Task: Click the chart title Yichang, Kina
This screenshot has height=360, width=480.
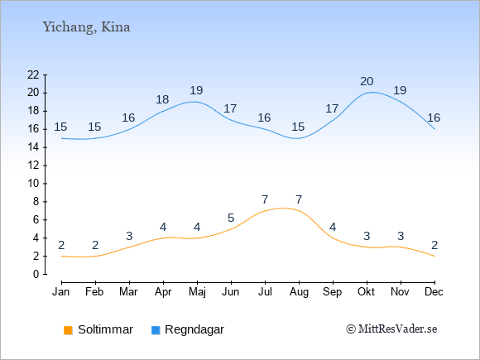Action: click(x=86, y=27)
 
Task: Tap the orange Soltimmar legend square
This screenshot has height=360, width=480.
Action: click(x=68, y=330)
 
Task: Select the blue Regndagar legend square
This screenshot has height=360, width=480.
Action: click(x=156, y=330)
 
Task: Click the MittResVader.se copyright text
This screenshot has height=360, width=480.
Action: click(x=391, y=329)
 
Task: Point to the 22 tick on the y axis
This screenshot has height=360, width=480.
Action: click(x=33, y=74)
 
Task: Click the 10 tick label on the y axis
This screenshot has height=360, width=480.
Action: click(x=33, y=184)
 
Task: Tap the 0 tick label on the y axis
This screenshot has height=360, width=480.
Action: click(x=36, y=274)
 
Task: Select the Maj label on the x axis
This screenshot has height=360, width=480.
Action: click(x=197, y=292)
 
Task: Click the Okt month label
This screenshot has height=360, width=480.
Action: click(x=366, y=292)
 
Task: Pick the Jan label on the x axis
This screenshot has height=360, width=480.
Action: click(x=61, y=292)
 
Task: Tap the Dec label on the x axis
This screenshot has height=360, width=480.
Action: click(x=434, y=292)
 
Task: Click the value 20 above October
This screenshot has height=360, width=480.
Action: click(x=367, y=81)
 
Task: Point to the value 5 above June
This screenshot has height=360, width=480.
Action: click(x=231, y=218)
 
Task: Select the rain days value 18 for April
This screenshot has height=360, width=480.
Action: click(x=162, y=99)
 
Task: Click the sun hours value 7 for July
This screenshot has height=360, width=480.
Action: click(x=265, y=200)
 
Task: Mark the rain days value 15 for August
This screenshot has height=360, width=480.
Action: click(x=298, y=127)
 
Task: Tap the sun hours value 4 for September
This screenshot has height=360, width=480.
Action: click(x=333, y=227)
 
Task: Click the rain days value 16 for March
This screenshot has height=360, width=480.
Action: click(x=128, y=118)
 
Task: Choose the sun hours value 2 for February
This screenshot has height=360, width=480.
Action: click(x=95, y=245)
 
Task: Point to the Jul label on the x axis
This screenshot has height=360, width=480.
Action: click(x=265, y=292)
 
